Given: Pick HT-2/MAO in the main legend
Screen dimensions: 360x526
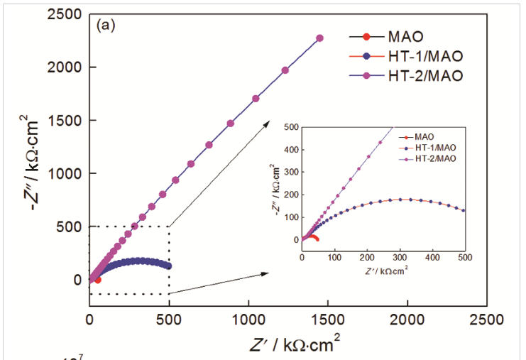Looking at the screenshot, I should click(x=424, y=75).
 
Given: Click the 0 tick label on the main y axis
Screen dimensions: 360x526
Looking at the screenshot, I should click(x=76, y=280).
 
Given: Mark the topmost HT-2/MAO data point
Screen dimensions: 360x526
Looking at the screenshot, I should click(x=320, y=38).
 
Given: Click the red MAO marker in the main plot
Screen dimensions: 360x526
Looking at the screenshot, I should click(x=97, y=280).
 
